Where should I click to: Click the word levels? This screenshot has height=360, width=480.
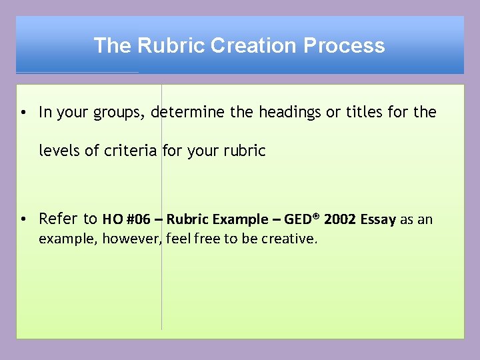[59, 151]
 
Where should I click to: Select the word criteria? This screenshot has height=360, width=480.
[131, 151]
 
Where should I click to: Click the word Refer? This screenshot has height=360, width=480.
[59, 219]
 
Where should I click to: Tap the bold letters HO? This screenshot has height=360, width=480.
[111, 219]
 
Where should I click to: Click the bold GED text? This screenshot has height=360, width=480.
[299, 219]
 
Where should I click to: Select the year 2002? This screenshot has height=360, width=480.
[340, 219]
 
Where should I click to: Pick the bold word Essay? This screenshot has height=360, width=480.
[378, 219]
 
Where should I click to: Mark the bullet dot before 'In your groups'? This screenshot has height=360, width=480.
[23, 113]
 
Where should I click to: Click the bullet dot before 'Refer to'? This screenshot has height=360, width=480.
[23, 219]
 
